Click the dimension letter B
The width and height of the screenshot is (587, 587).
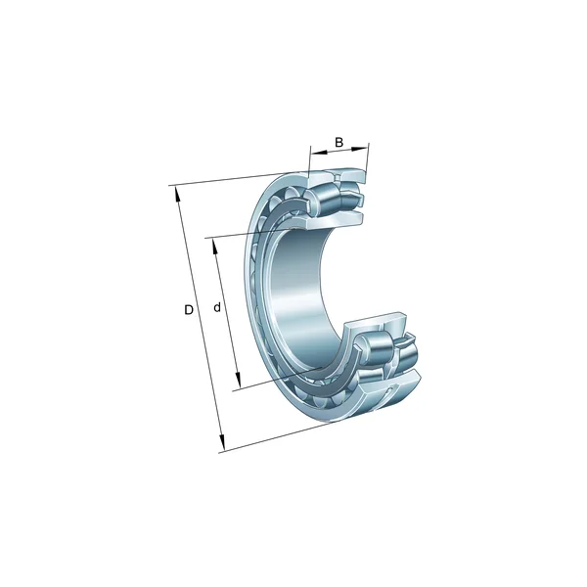pos(339,143)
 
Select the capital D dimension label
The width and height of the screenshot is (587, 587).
pos(189,310)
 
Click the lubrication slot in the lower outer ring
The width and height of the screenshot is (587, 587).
pos(394,393)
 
